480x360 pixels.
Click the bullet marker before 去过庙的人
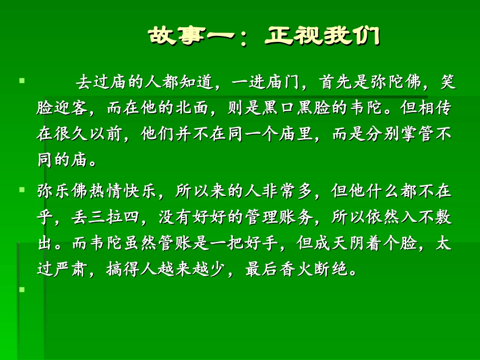tap(22, 80)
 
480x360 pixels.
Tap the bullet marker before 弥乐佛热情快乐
tap(22, 190)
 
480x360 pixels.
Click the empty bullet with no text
tap(22, 290)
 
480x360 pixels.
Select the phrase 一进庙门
tap(261, 82)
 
